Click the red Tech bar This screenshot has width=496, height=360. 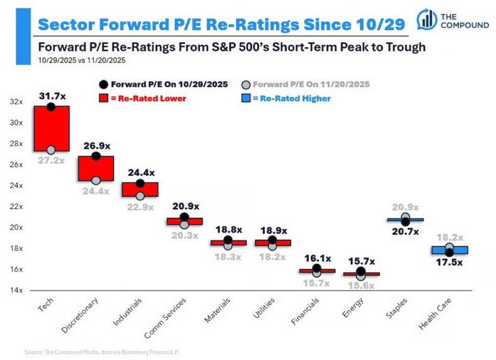point(51,128)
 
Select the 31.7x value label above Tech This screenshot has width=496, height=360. point(51,96)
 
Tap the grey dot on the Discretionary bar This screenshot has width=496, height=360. point(96,180)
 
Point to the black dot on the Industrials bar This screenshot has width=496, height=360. point(140,183)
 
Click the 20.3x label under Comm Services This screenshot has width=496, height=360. point(184,235)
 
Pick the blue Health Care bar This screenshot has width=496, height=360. point(450,250)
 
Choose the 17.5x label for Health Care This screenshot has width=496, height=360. point(450,263)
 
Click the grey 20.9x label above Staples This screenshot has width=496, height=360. point(405,207)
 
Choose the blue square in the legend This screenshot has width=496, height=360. point(246,98)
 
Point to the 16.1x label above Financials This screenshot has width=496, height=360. point(317,258)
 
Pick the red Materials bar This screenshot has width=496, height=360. point(229,242)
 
